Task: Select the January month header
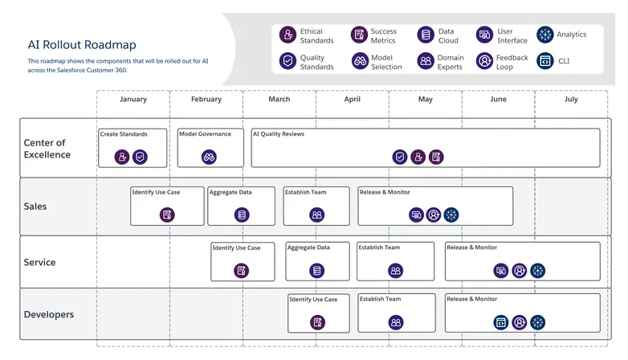click(133, 100)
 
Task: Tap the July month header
click(571, 100)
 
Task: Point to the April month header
click(352, 100)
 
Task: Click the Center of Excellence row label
click(47, 149)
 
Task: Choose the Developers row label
click(48, 315)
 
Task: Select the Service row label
click(39, 263)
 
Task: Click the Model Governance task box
click(210, 147)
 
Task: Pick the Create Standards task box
click(133, 147)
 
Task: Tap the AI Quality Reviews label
click(278, 134)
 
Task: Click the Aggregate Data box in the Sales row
click(241, 206)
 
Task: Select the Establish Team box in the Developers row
click(395, 313)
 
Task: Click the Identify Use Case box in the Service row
click(242, 261)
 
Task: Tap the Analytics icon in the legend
click(546, 35)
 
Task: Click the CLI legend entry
click(555, 61)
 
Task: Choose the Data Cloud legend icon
click(426, 35)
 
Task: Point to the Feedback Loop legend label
click(512, 62)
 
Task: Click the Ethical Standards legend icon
click(287, 35)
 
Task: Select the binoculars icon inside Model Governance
click(210, 157)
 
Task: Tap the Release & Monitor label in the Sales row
click(385, 193)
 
